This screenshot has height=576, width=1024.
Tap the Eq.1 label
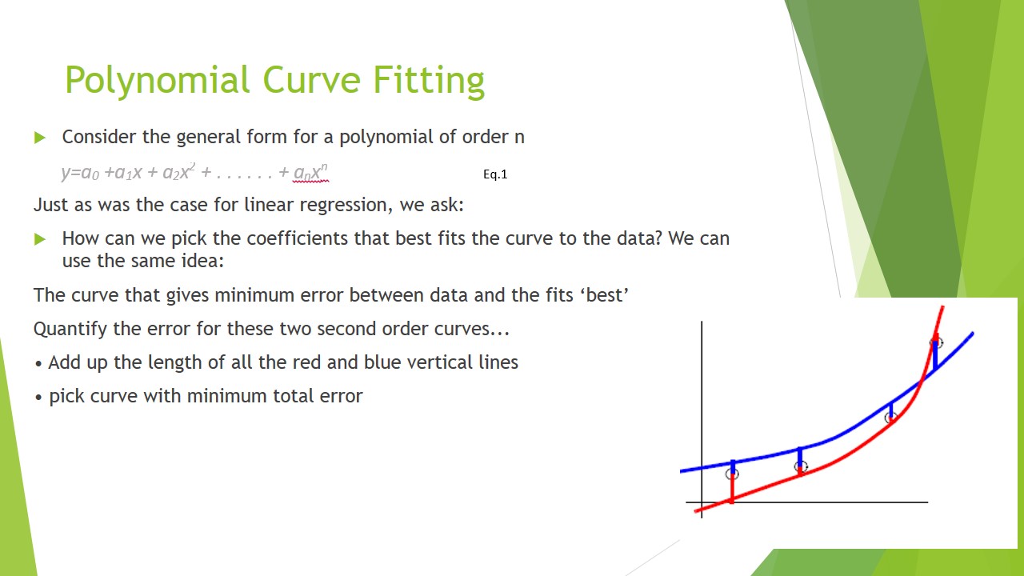495,174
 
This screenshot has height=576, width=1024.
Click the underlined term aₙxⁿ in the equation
310,173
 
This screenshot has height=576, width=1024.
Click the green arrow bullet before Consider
40,138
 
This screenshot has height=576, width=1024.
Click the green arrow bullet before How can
40,239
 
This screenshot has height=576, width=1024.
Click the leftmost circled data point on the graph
732,474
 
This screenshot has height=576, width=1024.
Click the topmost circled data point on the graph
936,342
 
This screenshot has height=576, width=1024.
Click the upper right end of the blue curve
971,334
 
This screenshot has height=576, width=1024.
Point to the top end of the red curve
942,308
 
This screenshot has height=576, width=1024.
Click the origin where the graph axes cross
702,502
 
